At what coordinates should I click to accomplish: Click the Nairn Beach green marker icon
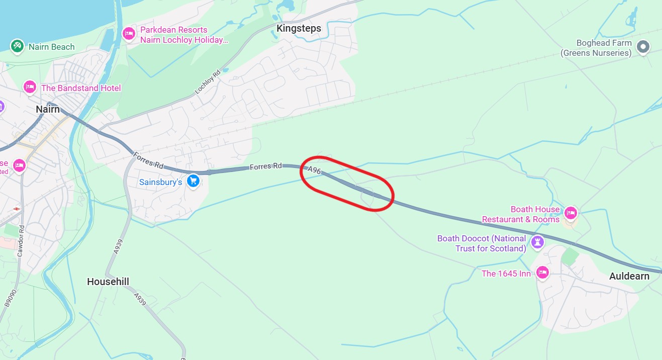17,47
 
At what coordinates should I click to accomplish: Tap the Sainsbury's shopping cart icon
193,181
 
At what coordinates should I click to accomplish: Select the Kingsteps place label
299,29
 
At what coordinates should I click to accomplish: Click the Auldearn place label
629,276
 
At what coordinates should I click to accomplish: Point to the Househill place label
108,282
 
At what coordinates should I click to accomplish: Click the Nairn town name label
48,109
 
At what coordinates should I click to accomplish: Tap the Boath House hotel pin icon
570,213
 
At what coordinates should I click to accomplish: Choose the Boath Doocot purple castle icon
538,242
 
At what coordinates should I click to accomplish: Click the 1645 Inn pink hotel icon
542,273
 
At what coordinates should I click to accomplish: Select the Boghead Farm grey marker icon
643,47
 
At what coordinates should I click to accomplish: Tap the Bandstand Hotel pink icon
30,87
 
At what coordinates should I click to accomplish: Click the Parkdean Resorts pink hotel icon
129,34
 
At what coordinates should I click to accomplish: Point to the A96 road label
315,170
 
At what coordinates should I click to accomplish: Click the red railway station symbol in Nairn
17,208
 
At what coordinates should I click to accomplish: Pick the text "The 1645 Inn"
506,274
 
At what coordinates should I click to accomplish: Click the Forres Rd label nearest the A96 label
266,166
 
